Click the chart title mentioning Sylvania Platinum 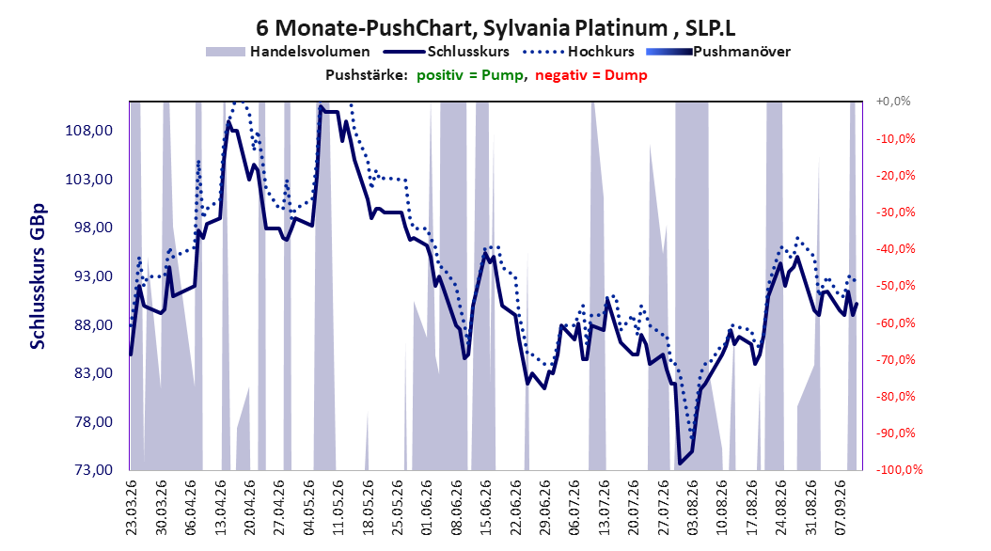coord(495,28)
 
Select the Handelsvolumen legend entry coord(289,52)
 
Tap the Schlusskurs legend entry coord(447,52)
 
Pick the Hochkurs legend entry coord(579,52)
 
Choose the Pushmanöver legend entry coord(718,52)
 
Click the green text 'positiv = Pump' coord(469,75)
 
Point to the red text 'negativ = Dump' coord(591,75)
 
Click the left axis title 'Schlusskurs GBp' coord(38,276)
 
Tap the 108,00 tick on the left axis coord(89,131)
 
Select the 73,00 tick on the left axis coord(89,469)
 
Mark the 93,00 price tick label coord(89,276)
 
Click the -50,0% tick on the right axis coord(895,286)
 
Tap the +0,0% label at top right coord(893,102)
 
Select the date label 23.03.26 coord(132,508)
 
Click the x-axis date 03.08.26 coord(693,508)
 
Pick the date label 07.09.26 coord(842,508)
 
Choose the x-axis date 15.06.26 coord(485,508)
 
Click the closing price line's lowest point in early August coord(680,464)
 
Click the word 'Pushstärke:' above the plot coord(367,75)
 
